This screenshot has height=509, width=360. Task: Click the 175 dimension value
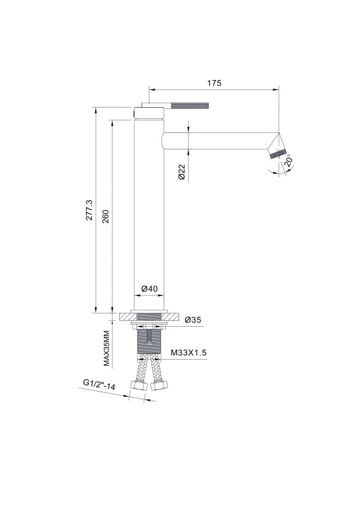[x=214, y=83]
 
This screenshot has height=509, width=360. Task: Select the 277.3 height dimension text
[x=90, y=210]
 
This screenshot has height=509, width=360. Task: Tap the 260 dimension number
[x=106, y=216]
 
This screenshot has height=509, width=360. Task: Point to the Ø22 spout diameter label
[x=182, y=172]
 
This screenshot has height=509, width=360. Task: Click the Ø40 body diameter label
[x=150, y=288]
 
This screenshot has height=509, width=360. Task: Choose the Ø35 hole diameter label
[x=193, y=320]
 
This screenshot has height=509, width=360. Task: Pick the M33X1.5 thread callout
[x=188, y=353]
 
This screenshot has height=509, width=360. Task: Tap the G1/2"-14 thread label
[x=99, y=384]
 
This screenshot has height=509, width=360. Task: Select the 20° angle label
[x=288, y=161]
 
